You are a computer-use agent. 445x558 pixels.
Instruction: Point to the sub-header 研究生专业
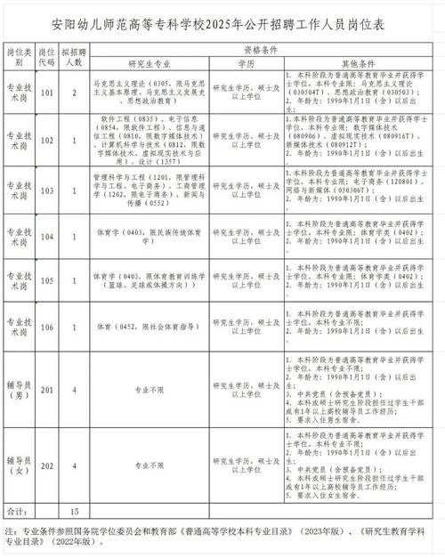point(148,65)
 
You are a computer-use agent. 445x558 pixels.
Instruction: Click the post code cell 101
point(48,92)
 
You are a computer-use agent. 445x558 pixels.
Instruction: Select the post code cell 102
point(48,141)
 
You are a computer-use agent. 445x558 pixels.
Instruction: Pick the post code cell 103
point(48,190)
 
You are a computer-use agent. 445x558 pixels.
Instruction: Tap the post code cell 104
point(48,237)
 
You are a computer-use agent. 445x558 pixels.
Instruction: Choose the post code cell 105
point(48,280)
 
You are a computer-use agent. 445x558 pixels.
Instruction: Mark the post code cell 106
point(48,327)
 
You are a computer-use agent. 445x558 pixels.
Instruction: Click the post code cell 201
point(48,389)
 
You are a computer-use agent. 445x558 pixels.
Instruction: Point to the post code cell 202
point(48,464)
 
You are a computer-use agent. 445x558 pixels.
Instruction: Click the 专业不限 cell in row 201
point(148,389)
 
